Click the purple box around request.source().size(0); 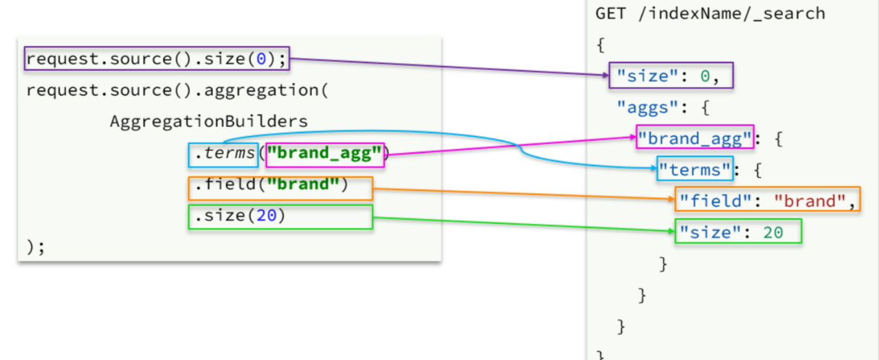point(157,59)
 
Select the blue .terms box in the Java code point(223,154)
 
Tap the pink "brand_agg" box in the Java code point(324,154)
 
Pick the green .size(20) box point(280,217)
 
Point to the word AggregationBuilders point(208,122)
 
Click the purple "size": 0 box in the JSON point(671,76)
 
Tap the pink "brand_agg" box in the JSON point(695,137)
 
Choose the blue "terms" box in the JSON point(694,169)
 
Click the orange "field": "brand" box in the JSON point(767,200)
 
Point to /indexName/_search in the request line point(731,13)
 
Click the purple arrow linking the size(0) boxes point(447,66)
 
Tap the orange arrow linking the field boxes point(522,194)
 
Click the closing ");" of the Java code point(35,247)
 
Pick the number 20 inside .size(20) point(266,216)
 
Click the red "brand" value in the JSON point(808,201)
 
